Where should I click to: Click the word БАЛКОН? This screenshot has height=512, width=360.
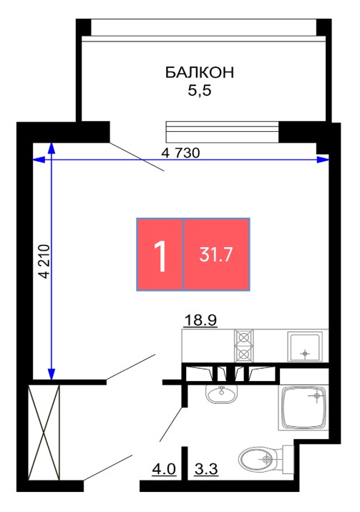pyautogui.click(x=200, y=72)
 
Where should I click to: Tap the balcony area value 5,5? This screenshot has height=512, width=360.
pyautogui.click(x=200, y=90)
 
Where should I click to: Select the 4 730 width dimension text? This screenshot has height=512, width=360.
pyautogui.click(x=180, y=153)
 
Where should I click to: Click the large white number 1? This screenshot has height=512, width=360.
pyautogui.click(x=160, y=255)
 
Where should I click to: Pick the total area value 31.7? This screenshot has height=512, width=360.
pyautogui.click(x=215, y=254)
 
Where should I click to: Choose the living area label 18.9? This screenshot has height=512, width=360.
pyautogui.click(x=200, y=320)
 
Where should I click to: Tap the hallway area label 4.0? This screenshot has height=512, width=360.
pyautogui.click(x=164, y=469)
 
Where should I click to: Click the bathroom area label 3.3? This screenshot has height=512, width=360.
pyautogui.click(x=206, y=469)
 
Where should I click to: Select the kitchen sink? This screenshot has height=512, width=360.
pyautogui.click(x=305, y=347)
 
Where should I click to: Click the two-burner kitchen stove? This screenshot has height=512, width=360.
pyautogui.click(x=244, y=346)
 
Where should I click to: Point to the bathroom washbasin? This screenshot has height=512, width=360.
pyautogui.click(x=222, y=394)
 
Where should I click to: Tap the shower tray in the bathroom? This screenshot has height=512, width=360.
pyautogui.click(x=303, y=407)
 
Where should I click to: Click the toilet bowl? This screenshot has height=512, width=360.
pyautogui.click(x=266, y=458)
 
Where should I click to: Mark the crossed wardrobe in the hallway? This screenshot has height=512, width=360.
pyautogui.click(x=44, y=433)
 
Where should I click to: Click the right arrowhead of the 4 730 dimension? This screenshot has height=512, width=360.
pyautogui.click(x=323, y=160)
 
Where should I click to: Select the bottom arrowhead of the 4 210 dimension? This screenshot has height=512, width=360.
pyautogui.click(x=52, y=375)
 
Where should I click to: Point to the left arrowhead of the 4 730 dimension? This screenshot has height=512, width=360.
pyautogui.click(x=39, y=160)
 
